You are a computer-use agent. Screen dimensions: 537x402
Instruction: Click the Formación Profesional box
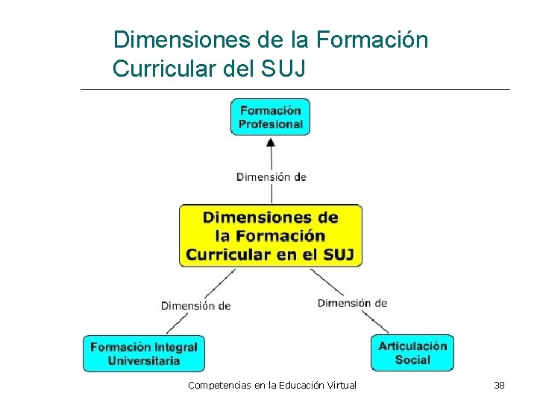(x=270, y=117)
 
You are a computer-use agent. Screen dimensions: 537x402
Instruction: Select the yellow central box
(x=271, y=236)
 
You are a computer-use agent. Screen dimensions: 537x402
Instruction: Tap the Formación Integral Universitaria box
(x=144, y=354)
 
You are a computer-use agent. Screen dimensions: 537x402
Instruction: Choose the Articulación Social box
(x=412, y=353)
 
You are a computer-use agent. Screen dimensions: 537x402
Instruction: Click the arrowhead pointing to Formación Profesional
(x=271, y=141)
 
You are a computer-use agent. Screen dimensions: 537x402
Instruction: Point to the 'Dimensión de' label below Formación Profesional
(x=271, y=177)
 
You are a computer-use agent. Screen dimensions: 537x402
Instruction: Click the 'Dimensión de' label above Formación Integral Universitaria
(x=195, y=305)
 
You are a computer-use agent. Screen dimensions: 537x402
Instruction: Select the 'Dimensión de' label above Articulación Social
(x=352, y=303)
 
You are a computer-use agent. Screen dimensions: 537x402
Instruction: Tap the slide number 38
(x=499, y=385)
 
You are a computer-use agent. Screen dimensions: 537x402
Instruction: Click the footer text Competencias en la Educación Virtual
(x=272, y=385)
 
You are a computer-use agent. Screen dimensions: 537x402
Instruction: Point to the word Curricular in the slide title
(x=163, y=68)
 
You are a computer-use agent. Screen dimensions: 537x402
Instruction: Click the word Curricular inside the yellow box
(x=229, y=255)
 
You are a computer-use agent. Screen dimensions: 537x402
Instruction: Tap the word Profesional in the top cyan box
(x=271, y=124)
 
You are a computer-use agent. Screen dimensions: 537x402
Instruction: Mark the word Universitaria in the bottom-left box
(x=144, y=361)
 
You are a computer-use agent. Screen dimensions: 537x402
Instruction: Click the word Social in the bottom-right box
(x=412, y=360)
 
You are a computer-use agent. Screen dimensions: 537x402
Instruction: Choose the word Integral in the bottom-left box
(x=176, y=347)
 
